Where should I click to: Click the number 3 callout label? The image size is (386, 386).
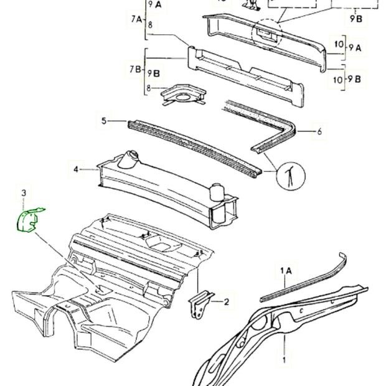(24, 195)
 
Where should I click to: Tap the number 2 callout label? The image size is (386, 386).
(227, 303)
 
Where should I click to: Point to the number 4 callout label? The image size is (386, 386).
(76, 169)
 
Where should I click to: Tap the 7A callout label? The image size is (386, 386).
(136, 20)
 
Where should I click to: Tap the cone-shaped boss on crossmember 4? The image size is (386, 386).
(131, 159)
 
